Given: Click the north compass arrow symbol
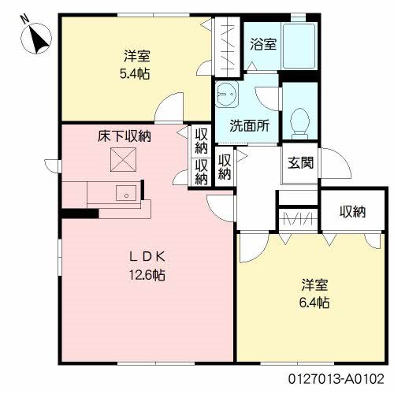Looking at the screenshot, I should point(38,37).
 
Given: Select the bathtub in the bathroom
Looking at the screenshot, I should point(299,46).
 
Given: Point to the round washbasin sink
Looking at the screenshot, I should point(229,95).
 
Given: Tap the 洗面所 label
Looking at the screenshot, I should point(248,124).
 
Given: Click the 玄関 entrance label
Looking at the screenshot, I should point(300,164).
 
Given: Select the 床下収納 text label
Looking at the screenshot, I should point(125,136).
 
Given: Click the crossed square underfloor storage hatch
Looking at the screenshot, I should point(124,161).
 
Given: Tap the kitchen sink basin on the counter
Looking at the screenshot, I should point(125,191).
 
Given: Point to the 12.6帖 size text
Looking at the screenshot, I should point(147,275).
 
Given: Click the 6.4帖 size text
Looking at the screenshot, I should point(313,302).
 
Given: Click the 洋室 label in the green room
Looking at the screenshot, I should point(136,56).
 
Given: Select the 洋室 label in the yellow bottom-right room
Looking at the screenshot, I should point(313,284).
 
